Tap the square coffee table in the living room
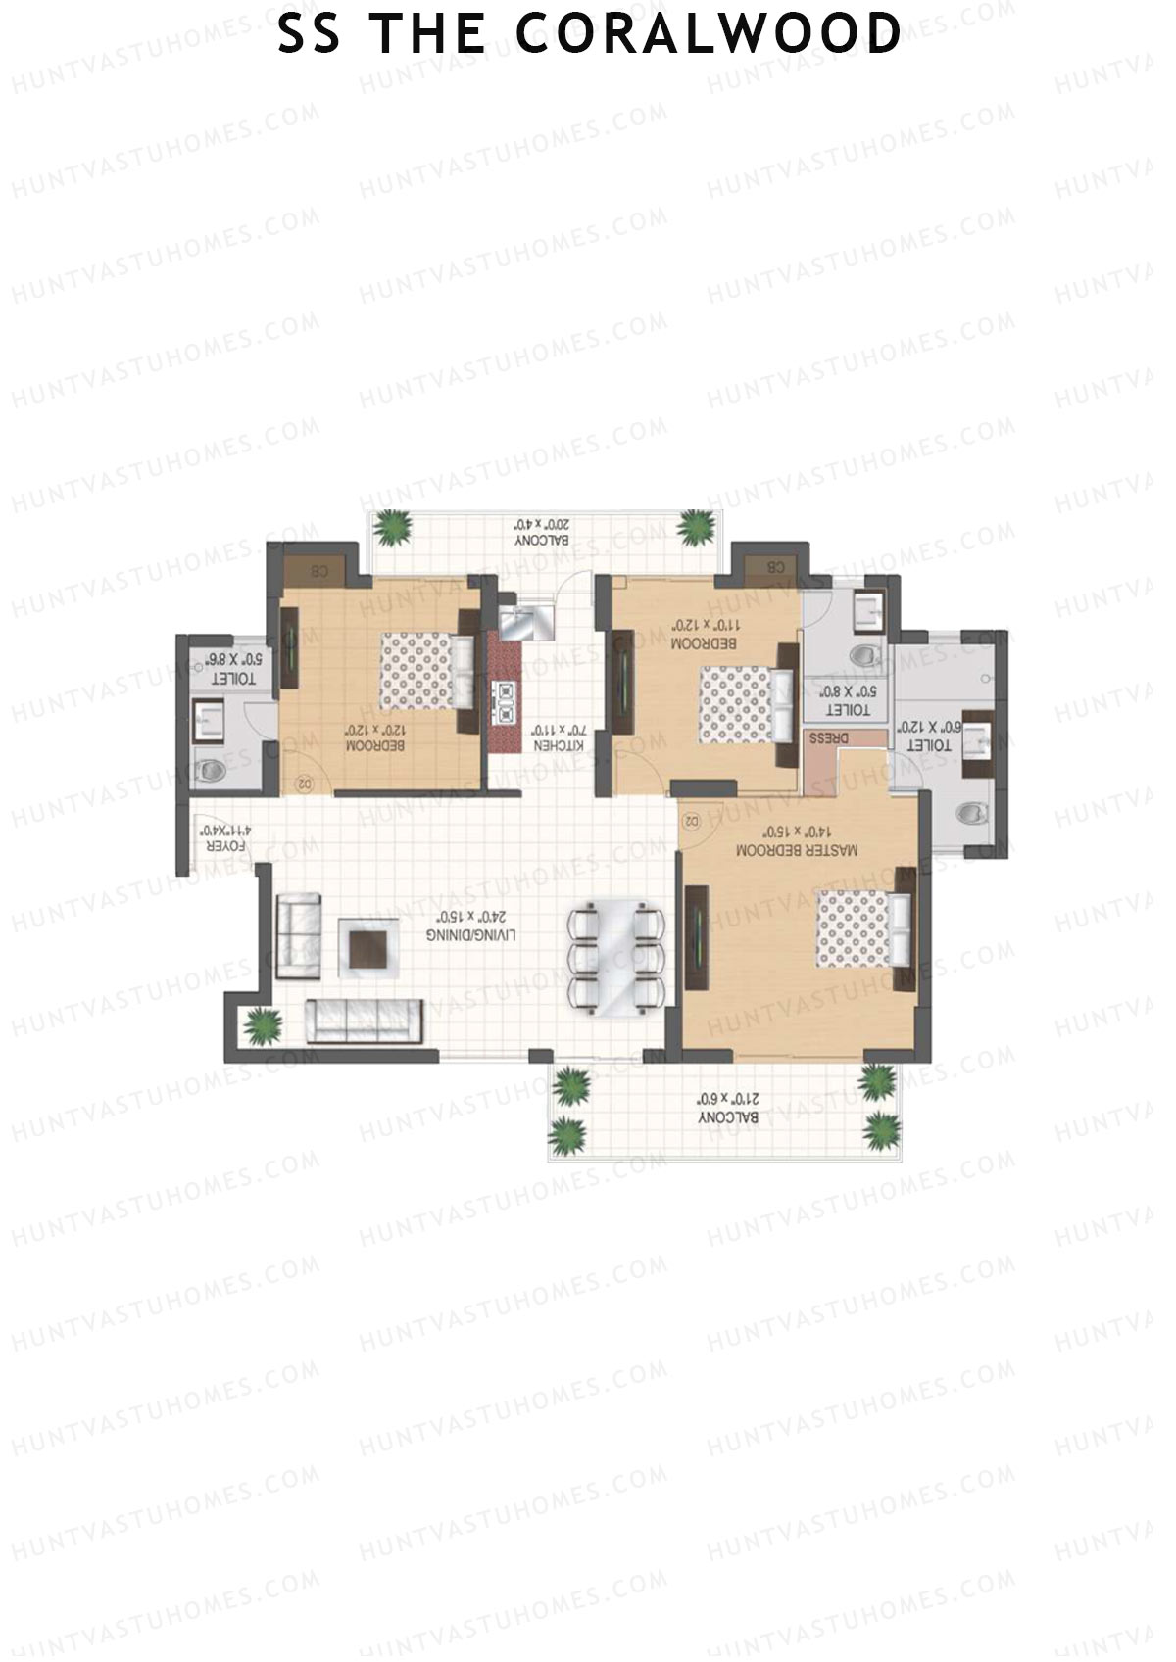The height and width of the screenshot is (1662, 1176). [369, 947]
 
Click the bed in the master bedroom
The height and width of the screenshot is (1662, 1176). [862, 927]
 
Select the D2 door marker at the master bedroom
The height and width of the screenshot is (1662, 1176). [689, 819]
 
